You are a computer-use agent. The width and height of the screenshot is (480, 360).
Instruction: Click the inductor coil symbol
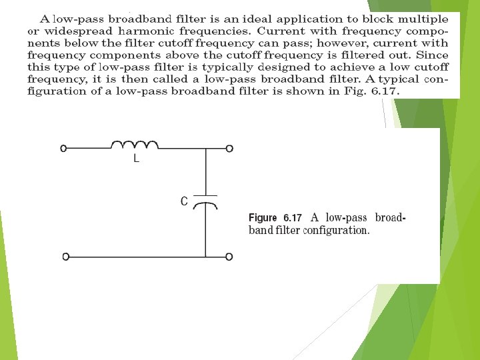[134, 145]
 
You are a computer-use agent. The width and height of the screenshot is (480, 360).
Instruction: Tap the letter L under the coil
[136, 160]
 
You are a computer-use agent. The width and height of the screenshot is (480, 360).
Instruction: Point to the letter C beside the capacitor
[184, 201]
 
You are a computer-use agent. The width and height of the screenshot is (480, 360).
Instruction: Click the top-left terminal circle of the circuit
[64, 149]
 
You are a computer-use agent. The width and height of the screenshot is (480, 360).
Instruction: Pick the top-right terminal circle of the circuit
[229, 149]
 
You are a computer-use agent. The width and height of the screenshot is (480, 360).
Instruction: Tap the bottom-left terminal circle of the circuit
[65, 257]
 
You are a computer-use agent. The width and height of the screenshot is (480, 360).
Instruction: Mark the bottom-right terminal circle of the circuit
[229, 257]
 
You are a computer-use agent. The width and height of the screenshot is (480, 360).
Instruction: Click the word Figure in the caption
[262, 218]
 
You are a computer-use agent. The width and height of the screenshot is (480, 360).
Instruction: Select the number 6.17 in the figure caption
[293, 218]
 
